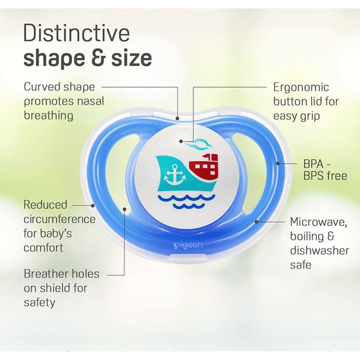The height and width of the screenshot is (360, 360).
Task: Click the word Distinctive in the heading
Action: pos(76,34)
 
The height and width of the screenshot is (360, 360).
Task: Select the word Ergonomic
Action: pos(301,87)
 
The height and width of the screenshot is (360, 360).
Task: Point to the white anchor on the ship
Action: pos(174,174)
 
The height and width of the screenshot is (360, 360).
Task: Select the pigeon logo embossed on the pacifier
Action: pos(188,245)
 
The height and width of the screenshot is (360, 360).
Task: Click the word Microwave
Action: pos(319,222)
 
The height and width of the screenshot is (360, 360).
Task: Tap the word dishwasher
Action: pos(320,251)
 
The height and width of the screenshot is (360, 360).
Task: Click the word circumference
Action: pos(59,219)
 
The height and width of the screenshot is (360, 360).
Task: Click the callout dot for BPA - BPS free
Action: pos(278,163)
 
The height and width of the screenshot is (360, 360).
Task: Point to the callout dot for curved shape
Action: pos(178,118)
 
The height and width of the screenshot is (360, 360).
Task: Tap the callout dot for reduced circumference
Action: pos(93,205)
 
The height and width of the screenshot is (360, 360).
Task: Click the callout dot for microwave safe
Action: pos(257,221)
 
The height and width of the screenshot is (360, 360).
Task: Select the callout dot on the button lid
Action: pos(181,141)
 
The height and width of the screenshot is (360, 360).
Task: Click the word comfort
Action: pos(44,247)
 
